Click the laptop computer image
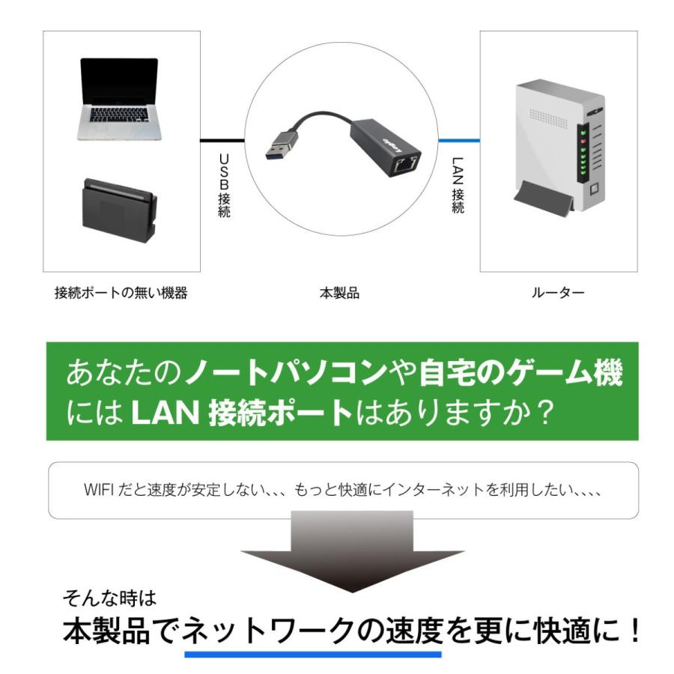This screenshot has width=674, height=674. [120, 99]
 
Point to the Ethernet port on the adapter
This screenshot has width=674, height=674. [404, 163]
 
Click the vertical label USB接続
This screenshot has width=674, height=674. [223, 186]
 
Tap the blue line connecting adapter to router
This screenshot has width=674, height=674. [458, 140]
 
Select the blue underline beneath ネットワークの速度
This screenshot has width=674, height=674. [313, 654]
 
